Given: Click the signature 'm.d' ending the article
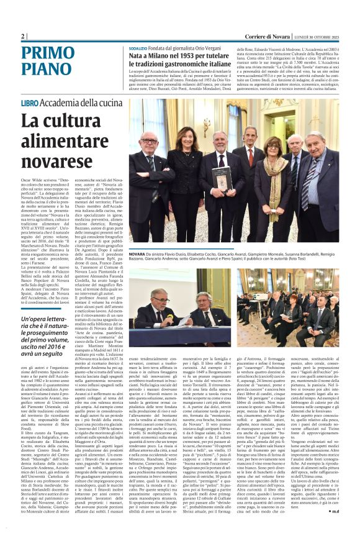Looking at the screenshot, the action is (333, 528).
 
